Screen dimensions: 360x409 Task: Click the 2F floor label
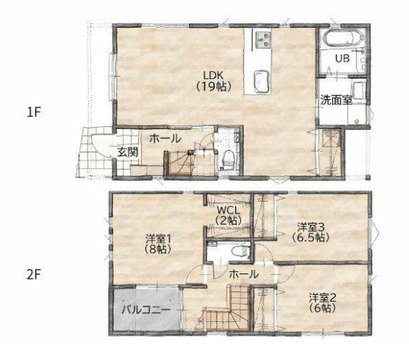coord(33,273)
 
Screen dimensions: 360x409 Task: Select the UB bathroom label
coord(341,58)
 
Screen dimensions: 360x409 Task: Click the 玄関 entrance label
coord(127,151)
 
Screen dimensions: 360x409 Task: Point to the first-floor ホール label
coord(164,138)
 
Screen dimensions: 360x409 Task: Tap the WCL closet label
coord(227,209)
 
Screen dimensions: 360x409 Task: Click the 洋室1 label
coord(157,238)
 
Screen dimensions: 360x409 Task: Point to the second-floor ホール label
coord(243,274)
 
